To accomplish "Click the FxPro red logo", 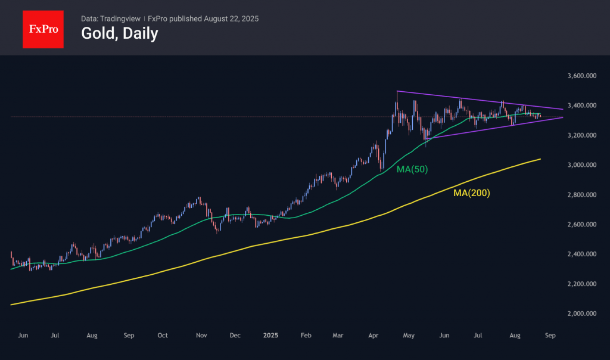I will pos(43,28).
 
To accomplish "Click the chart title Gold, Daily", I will pos(119,34).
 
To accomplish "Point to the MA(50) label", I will pos(412,169).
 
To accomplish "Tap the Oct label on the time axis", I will pos(163,336).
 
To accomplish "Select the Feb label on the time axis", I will pos(306,336).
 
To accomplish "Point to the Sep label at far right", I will pos(550,336).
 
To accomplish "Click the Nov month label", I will pos(201,336).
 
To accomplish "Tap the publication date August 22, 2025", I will pos(231,18).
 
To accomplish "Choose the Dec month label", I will pos(235,336).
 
